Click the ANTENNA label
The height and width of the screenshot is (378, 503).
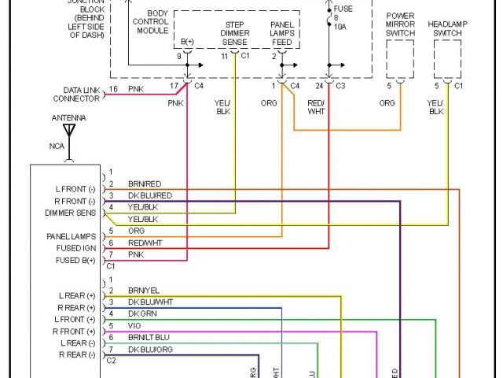pyautogui.click(x=68, y=118)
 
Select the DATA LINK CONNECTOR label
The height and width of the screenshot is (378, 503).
pyautogui.click(x=76, y=94)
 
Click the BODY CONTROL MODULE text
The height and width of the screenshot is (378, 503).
pyautogui.click(x=152, y=21)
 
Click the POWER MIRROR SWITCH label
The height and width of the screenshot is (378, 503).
pyautogui.click(x=401, y=26)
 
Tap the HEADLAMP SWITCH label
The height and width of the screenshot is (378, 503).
pyautogui.click(x=447, y=26)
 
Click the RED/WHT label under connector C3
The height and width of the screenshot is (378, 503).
pyautogui.click(x=316, y=106)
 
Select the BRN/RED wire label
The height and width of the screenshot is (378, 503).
pyautogui.click(x=145, y=183)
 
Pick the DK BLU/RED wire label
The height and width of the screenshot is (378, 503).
pyautogui.click(x=150, y=195)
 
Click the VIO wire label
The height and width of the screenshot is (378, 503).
pyautogui.click(x=134, y=325)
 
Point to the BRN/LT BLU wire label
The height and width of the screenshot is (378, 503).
pyautogui.click(x=149, y=337)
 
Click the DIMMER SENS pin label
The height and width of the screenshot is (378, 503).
pyautogui.click(x=71, y=213)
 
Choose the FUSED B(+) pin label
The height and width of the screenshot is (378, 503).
pyautogui.click(x=75, y=260)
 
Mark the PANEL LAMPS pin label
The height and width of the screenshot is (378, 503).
pyautogui.click(x=72, y=236)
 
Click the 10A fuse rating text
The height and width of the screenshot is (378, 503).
pyautogui.click(x=340, y=26)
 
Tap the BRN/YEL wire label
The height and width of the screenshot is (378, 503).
pyautogui.click(x=145, y=290)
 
